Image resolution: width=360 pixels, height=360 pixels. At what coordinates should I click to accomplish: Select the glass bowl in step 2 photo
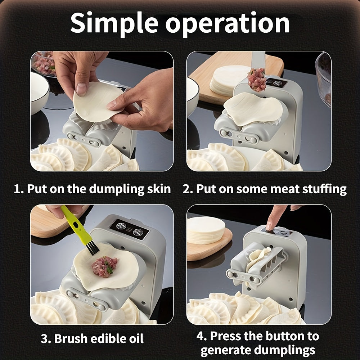(x=324, y=77)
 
